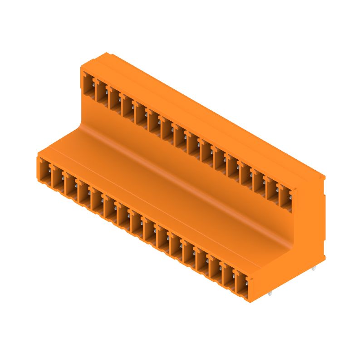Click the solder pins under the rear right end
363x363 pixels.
pyautogui.click(x=314, y=269)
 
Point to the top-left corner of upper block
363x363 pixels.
pyautogui.click(x=82, y=67)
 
